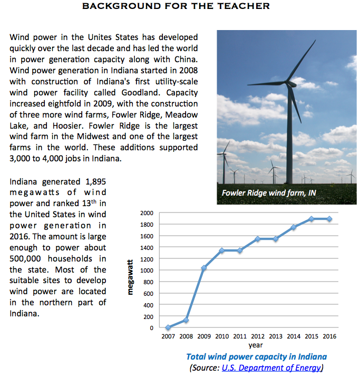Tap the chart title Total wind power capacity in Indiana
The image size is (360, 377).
pyautogui.click(x=256, y=357)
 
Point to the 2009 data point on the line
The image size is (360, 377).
pyautogui.click(x=204, y=268)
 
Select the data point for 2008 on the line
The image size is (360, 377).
pyautogui.click(x=186, y=320)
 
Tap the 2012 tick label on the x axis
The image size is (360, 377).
pyautogui.click(x=258, y=336)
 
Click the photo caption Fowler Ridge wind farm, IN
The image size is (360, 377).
pyautogui.click(x=269, y=193)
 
